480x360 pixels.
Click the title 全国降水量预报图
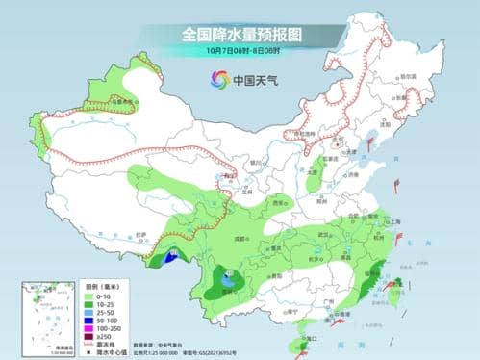point(241,33)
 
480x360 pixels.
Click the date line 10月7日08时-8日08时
point(241,50)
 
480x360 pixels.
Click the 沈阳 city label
point(389,126)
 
